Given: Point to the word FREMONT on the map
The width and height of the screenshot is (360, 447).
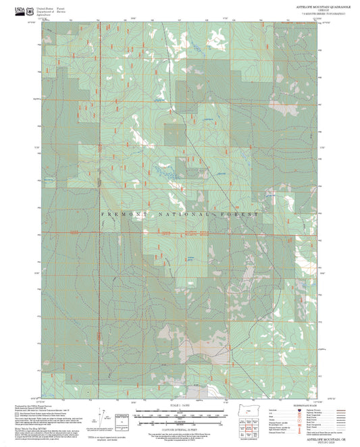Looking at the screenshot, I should [120, 214].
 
